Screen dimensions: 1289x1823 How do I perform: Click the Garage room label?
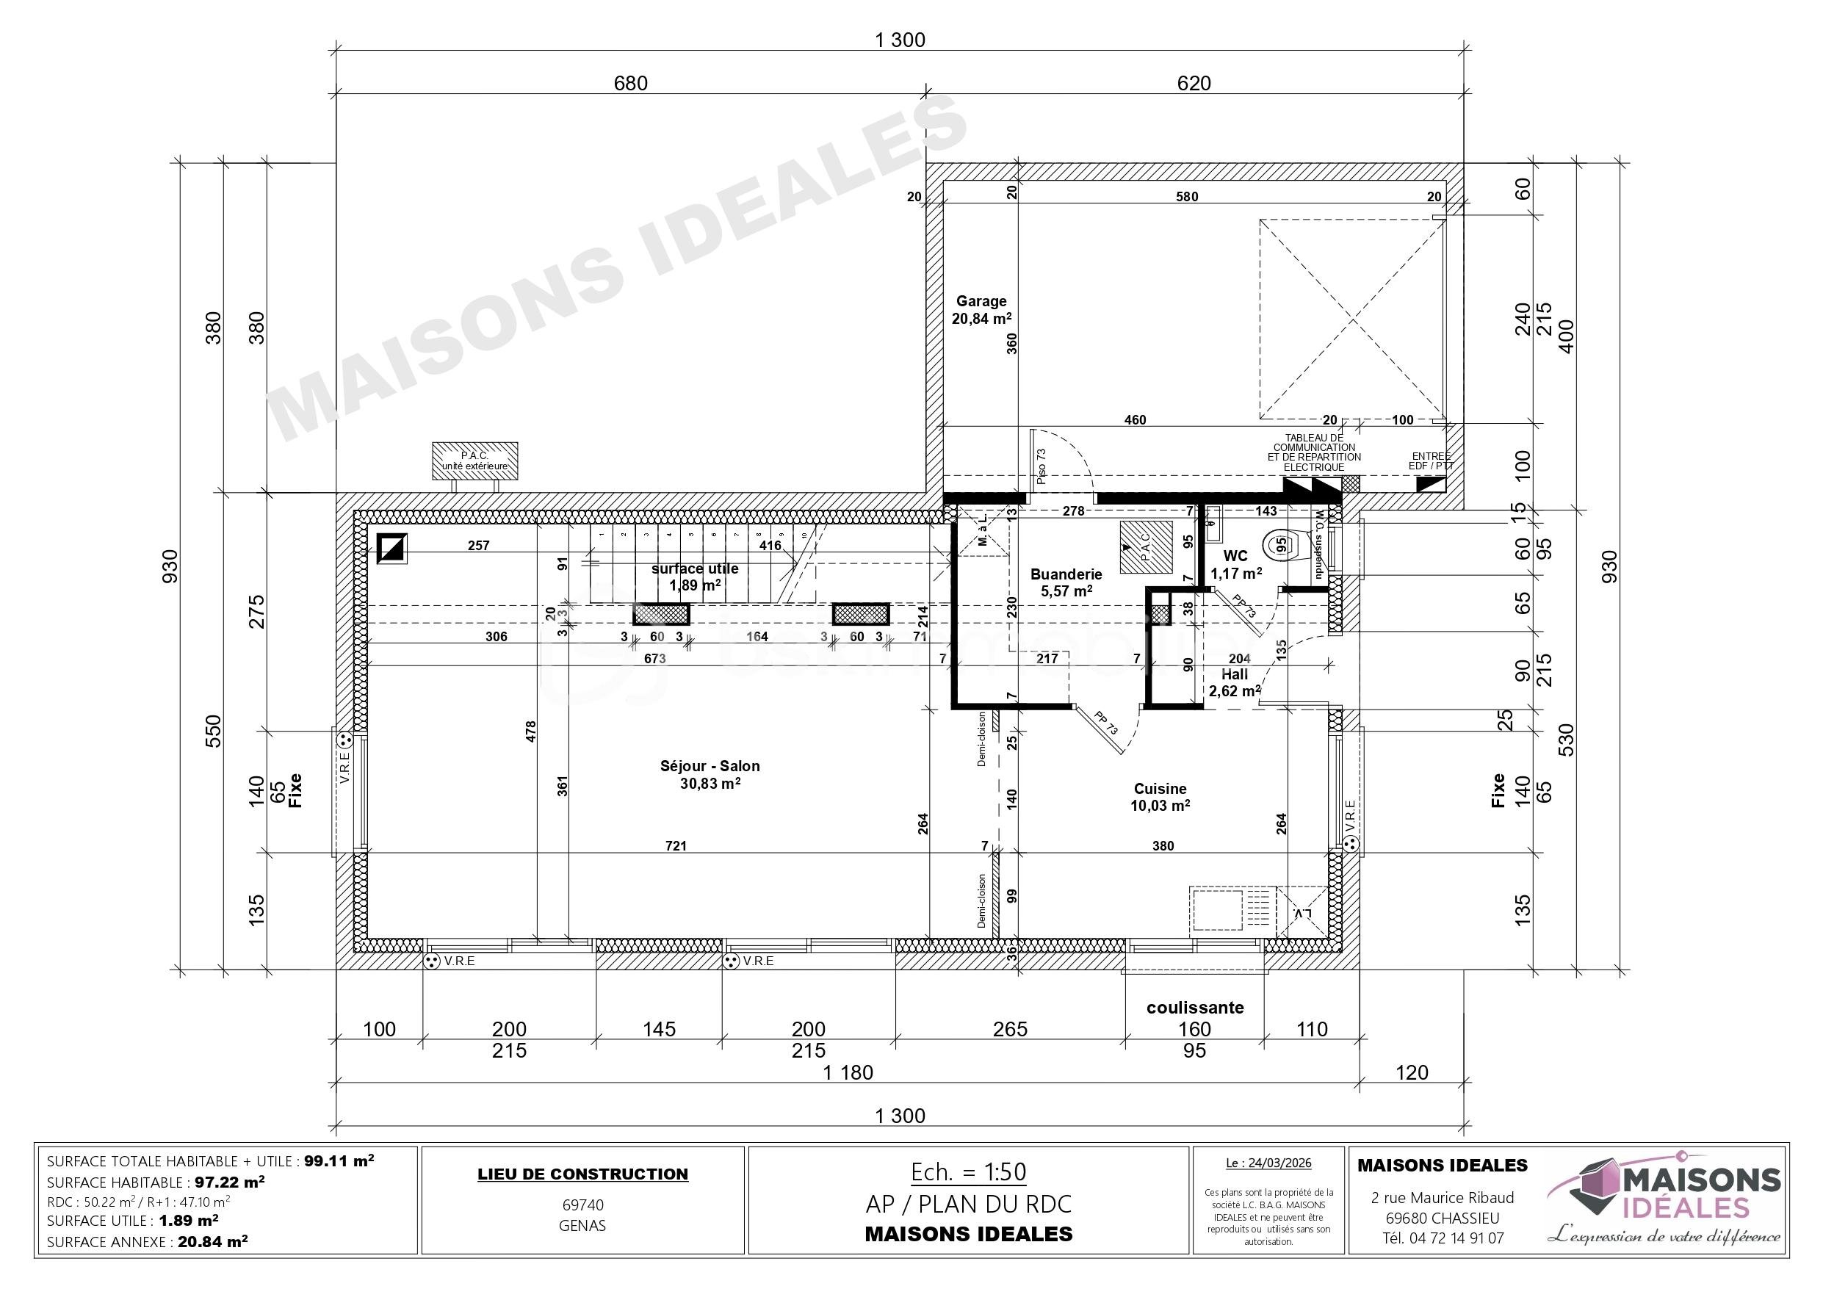(x=981, y=310)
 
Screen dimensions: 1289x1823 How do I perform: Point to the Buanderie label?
(x=1066, y=582)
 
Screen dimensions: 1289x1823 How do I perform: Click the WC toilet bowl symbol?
(x=1282, y=545)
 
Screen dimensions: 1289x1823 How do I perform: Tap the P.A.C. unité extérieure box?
(x=474, y=461)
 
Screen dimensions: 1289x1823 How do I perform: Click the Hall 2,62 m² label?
(x=1234, y=682)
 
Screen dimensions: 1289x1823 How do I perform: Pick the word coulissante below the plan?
(x=1194, y=1007)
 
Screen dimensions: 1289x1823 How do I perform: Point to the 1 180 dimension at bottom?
(x=848, y=1072)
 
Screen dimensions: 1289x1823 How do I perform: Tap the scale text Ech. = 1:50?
(x=968, y=1172)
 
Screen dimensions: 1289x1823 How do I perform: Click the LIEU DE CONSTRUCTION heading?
(x=582, y=1174)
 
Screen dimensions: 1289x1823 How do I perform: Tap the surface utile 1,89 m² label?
(x=695, y=577)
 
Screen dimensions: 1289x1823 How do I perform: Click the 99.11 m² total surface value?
(x=339, y=1160)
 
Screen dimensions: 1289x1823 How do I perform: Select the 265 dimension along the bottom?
(x=1010, y=1029)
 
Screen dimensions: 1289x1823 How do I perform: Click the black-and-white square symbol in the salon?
(x=391, y=548)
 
